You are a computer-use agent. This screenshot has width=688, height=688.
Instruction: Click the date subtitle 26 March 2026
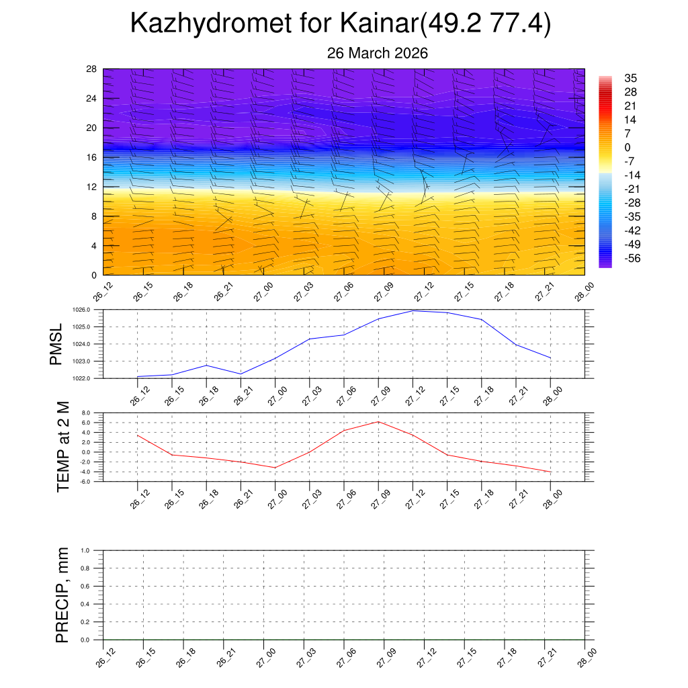(x=378, y=53)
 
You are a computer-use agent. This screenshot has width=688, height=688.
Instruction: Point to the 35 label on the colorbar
(x=630, y=78)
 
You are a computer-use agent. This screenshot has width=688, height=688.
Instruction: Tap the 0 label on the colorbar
(x=628, y=147)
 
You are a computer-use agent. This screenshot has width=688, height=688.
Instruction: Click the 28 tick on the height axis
(x=91, y=69)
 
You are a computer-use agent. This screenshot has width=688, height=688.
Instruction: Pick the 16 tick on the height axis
(x=91, y=157)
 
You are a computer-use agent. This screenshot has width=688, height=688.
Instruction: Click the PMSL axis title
(x=56, y=344)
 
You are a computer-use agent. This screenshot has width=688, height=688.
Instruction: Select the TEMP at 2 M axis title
(x=63, y=447)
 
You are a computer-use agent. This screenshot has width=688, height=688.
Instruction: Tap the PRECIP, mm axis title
(x=62, y=595)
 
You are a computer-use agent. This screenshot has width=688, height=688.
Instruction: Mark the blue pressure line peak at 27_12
(x=413, y=310)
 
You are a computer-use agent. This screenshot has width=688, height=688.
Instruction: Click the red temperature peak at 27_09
(x=378, y=421)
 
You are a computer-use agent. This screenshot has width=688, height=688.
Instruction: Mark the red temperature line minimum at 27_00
(x=275, y=468)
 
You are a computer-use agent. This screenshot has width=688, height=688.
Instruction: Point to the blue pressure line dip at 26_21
(x=241, y=374)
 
